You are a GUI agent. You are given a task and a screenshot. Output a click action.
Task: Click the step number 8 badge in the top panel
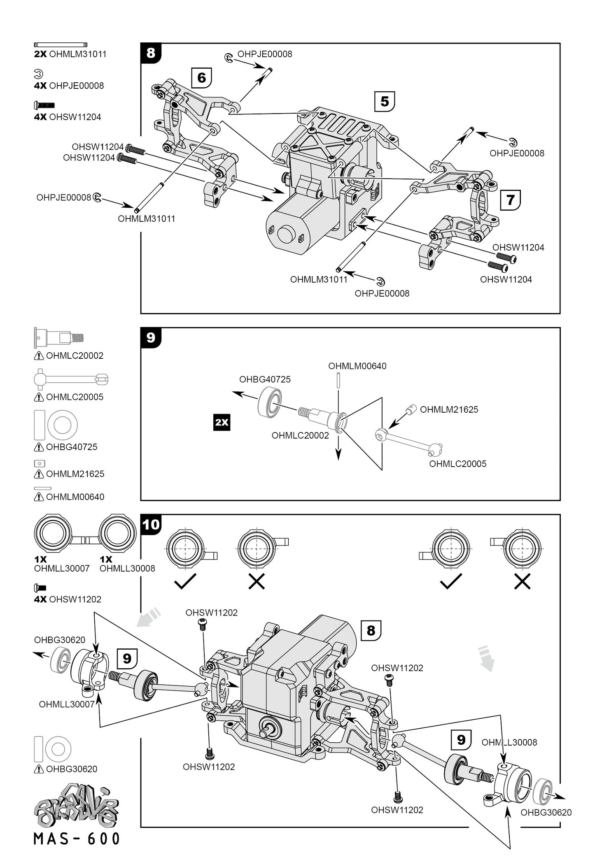click(151, 53)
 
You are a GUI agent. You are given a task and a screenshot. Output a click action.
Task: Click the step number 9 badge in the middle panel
click(151, 338)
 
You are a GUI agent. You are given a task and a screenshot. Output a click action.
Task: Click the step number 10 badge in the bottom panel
click(151, 525)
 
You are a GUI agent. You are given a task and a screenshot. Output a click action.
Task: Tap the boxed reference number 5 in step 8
click(385, 101)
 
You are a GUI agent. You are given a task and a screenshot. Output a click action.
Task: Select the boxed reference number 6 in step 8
click(201, 77)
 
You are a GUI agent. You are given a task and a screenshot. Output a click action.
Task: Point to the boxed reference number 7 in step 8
click(510, 200)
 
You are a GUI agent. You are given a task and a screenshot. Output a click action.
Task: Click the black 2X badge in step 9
click(222, 423)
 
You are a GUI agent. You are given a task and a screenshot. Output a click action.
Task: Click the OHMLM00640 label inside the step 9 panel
click(357, 366)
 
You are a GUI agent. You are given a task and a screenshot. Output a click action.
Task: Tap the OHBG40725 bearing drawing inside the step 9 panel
click(270, 403)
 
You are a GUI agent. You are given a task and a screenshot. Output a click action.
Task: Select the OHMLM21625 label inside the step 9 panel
click(449, 409)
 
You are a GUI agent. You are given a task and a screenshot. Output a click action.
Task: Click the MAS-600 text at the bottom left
click(77, 839)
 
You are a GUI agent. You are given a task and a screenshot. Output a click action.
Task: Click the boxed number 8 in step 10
click(371, 631)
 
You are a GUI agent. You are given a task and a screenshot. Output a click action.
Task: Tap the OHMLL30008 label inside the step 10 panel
click(509, 742)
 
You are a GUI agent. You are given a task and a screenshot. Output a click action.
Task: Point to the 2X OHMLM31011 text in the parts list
click(70, 54)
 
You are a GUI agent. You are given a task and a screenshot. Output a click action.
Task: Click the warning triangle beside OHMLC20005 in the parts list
click(39, 397)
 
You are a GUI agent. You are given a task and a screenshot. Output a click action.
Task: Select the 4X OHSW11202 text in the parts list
click(68, 599)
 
